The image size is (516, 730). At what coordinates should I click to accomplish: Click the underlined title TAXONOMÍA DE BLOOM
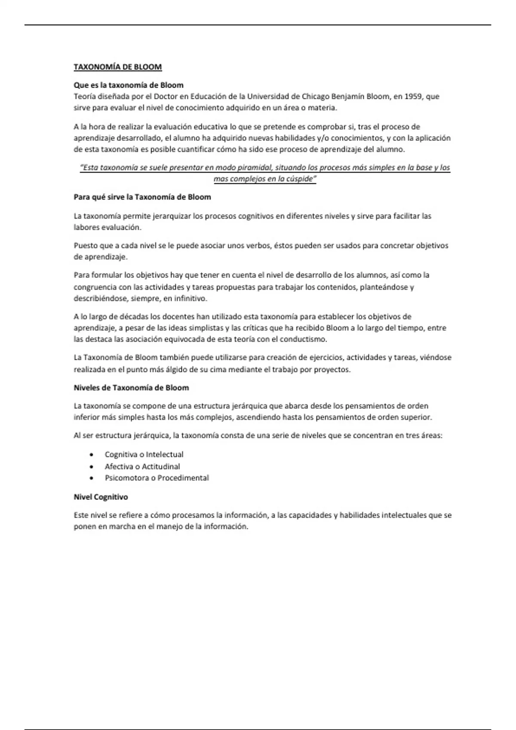coord(117,67)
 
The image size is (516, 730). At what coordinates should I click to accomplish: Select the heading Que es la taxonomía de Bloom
coord(129,85)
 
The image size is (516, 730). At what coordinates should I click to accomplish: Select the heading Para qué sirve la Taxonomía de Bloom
coord(142,197)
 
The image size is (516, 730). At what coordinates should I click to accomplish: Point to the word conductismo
coord(303,339)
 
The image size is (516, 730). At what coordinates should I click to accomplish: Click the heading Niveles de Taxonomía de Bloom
coord(131,388)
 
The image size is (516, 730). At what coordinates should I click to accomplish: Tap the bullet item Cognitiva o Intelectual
coord(144,454)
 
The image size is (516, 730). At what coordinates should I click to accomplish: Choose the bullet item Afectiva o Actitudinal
coord(142,466)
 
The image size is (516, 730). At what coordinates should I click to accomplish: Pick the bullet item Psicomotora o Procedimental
coord(157,478)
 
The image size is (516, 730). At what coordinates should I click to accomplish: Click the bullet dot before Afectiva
coord(91,466)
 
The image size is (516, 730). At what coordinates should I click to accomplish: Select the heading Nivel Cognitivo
coord(101,497)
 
